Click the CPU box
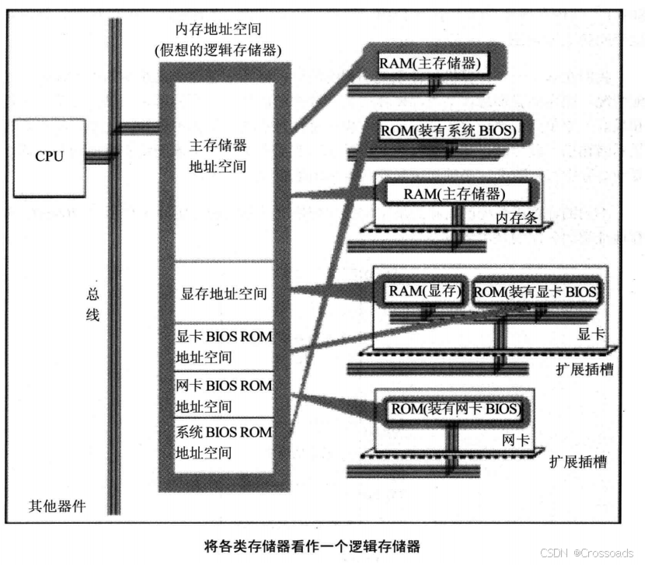pos(50,158)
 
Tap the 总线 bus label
pos(92,305)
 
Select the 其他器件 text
pos(57,506)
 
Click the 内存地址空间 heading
pos(218,29)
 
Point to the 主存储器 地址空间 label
pos(218,155)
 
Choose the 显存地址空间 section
pos(224,293)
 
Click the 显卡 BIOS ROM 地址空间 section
pos(224,347)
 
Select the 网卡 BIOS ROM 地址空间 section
pos(224,395)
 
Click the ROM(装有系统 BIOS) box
pos(448,131)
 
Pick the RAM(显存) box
pos(424,292)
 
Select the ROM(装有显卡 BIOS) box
pos(536,292)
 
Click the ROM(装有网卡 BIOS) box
pos(455,410)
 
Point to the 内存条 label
pos(517,218)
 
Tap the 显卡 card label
pos(591,334)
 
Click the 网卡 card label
pos(516,440)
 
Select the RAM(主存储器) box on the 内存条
pos(458,194)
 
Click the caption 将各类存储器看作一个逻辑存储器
pos(312,546)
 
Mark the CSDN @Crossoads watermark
pos(587,553)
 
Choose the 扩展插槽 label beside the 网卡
pos(578,462)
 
